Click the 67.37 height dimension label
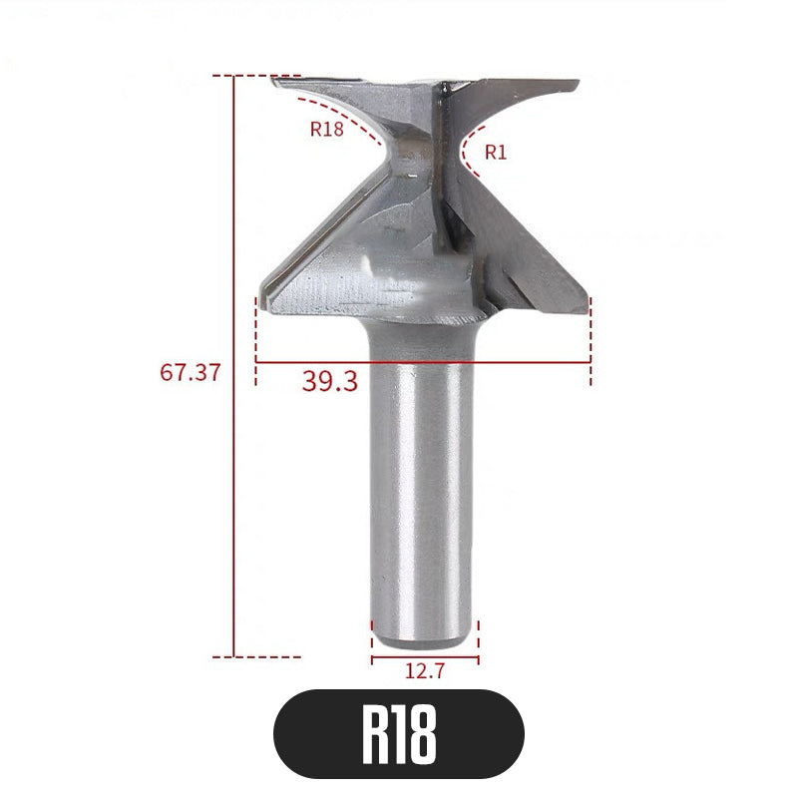point(190,372)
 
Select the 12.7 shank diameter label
point(425,671)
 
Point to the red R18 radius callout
point(327,129)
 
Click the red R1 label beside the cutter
point(496,152)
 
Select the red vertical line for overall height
point(233,369)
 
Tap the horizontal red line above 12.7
point(425,657)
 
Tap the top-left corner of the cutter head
point(274,80)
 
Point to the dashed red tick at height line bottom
point(264,656)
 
